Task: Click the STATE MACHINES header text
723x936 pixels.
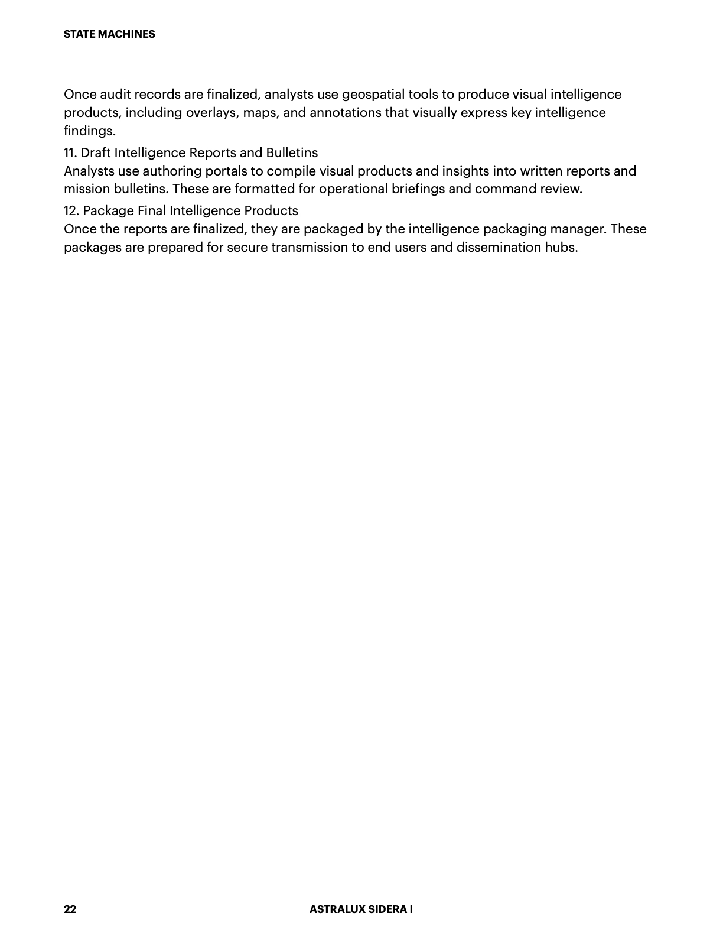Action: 109,34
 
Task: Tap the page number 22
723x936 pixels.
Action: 70,909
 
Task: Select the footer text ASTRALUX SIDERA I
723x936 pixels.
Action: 361,909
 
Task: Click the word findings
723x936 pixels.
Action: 89,131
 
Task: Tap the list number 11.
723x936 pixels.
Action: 70,153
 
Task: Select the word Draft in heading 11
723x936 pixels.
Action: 96,153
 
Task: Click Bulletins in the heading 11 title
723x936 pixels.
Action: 292,153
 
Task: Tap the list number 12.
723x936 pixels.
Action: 71,211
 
